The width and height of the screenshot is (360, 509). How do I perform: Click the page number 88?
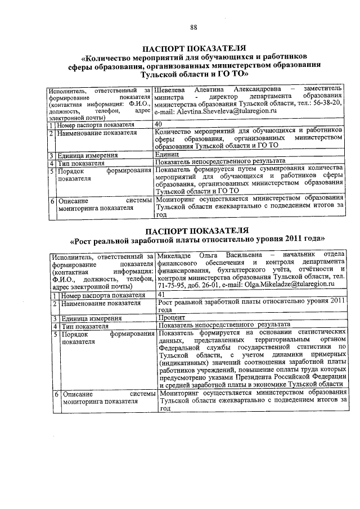(x=193, y=12)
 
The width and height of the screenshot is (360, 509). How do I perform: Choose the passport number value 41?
(x=161, y=294)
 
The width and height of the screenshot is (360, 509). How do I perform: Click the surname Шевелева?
(x=171, y=89)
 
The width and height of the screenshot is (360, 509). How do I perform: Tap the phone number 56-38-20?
(x=327, y=104)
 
